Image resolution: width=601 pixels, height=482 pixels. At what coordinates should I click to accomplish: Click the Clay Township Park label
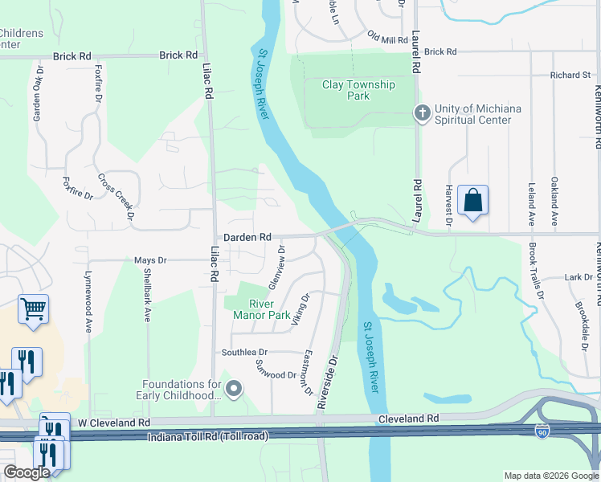coord(358,90)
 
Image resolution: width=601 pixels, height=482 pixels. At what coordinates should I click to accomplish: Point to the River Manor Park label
coord(261,309)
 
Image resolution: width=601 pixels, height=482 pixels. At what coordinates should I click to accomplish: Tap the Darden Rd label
coord(247,238)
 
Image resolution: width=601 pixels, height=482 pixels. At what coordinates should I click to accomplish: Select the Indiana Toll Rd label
coord(208,436)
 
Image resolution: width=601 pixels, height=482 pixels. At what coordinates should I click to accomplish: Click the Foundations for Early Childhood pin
coord(234,390)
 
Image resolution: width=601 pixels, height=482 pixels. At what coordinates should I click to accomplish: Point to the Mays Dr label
coord(150,260)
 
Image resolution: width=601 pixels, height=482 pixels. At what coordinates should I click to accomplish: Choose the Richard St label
coord(570,76)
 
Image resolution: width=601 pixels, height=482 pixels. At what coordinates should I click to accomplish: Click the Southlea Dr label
coord(244,353)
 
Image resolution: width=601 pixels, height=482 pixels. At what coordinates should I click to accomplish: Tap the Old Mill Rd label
coord(388,38)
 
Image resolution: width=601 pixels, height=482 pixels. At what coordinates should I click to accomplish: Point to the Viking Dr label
coord(300,309)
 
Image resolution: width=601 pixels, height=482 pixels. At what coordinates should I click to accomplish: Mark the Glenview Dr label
coord(276,272)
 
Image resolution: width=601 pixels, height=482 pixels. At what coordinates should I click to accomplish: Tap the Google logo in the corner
coord(27,473)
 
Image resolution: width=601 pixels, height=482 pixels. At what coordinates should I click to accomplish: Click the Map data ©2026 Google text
coord(551,476)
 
